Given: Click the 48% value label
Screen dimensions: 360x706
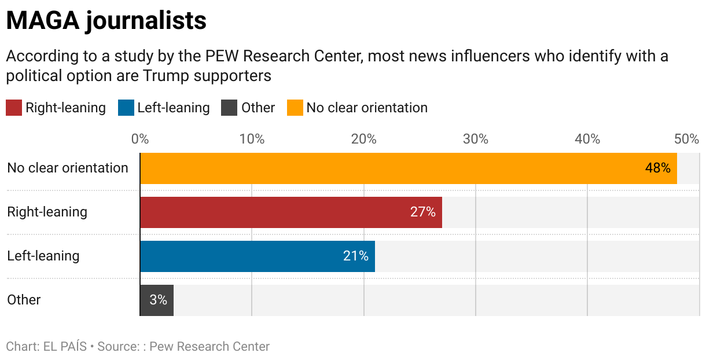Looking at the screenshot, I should (x=657, y=168).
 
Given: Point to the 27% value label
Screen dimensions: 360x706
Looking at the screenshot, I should (x=422, y=212).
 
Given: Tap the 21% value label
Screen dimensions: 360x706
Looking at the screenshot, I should (x=355, y=256).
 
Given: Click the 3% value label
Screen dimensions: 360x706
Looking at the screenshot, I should (x=158, y=300).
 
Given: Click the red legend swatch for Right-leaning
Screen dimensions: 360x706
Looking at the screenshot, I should (x=14, y=108).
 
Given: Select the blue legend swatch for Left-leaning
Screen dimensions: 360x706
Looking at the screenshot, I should (x=126, y=108).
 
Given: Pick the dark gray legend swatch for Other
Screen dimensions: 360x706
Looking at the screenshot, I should (x=229, y=108).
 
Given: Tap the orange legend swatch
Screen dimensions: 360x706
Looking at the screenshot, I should (x=295, y=108).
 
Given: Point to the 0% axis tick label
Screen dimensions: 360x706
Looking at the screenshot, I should (x=140, y=139).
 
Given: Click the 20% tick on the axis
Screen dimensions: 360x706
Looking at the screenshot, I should (x=364, y=139).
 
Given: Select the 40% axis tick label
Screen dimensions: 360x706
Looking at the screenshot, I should (x=587, y=139).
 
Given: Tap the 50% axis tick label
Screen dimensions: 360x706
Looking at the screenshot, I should (x=687, y=139).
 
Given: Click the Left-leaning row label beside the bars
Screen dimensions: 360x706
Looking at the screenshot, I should (x=43, y=256).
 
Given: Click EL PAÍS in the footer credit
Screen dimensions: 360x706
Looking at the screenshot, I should (x=65, y=347).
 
